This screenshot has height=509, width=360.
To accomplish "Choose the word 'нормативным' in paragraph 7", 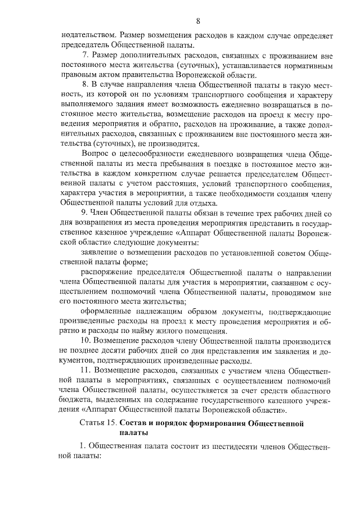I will (x=309, y=65).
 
